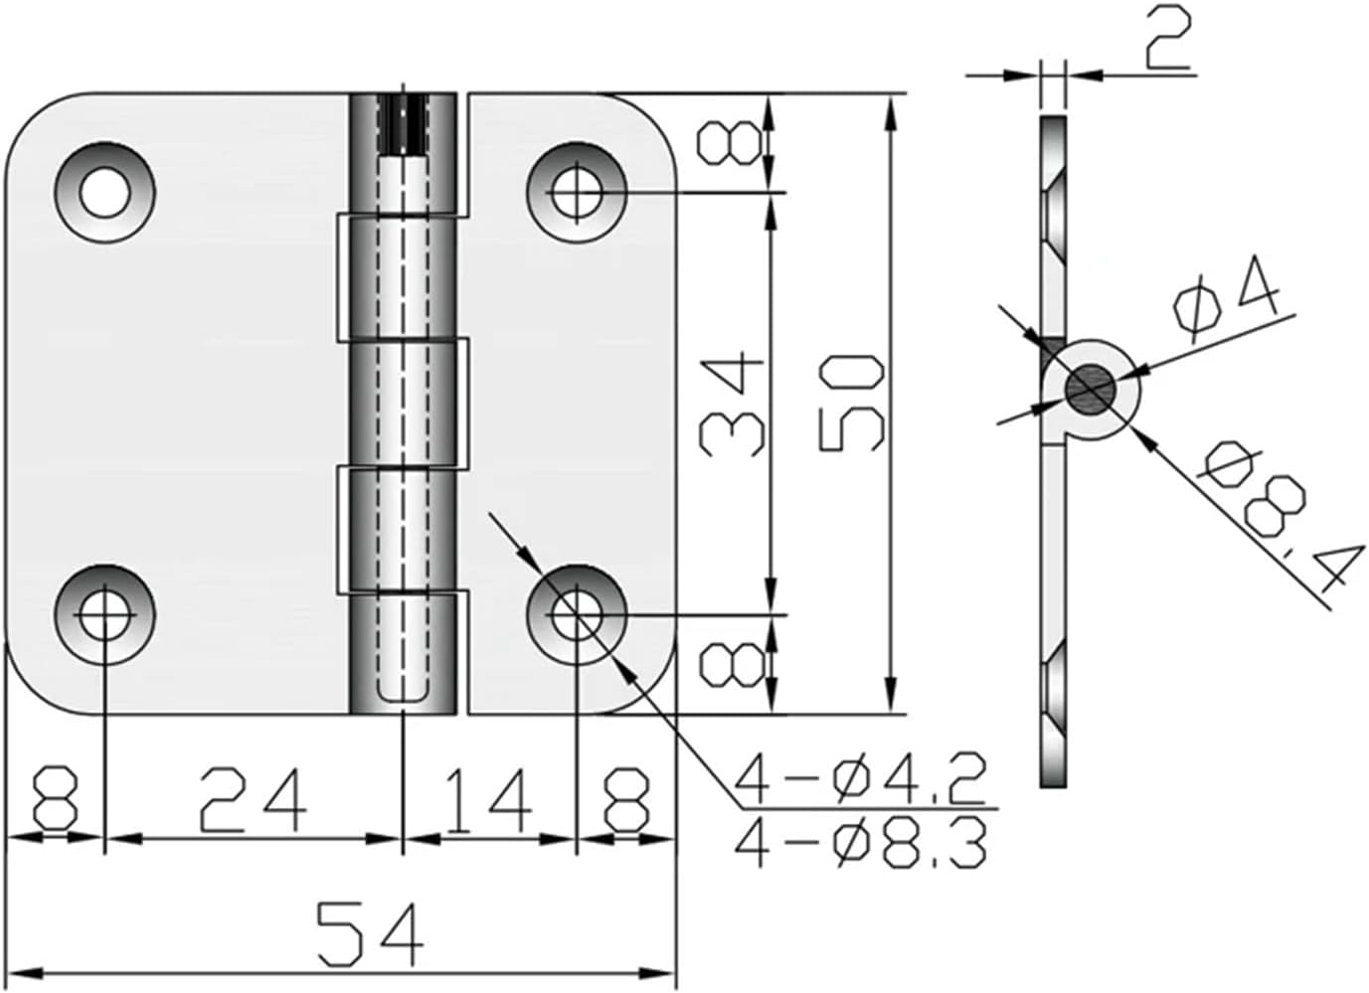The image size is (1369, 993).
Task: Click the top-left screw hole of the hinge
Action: [104, 192]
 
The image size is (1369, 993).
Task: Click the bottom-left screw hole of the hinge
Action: [104, 616]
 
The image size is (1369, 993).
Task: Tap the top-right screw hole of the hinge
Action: [577, 192]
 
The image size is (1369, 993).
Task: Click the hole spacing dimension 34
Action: [733, 405]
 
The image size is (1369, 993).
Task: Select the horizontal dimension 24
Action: [253, 800]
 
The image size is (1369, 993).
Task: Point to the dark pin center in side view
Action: [1090, 388]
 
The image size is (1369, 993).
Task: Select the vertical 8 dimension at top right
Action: [734, 144]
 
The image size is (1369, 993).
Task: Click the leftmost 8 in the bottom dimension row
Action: [55, 800]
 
